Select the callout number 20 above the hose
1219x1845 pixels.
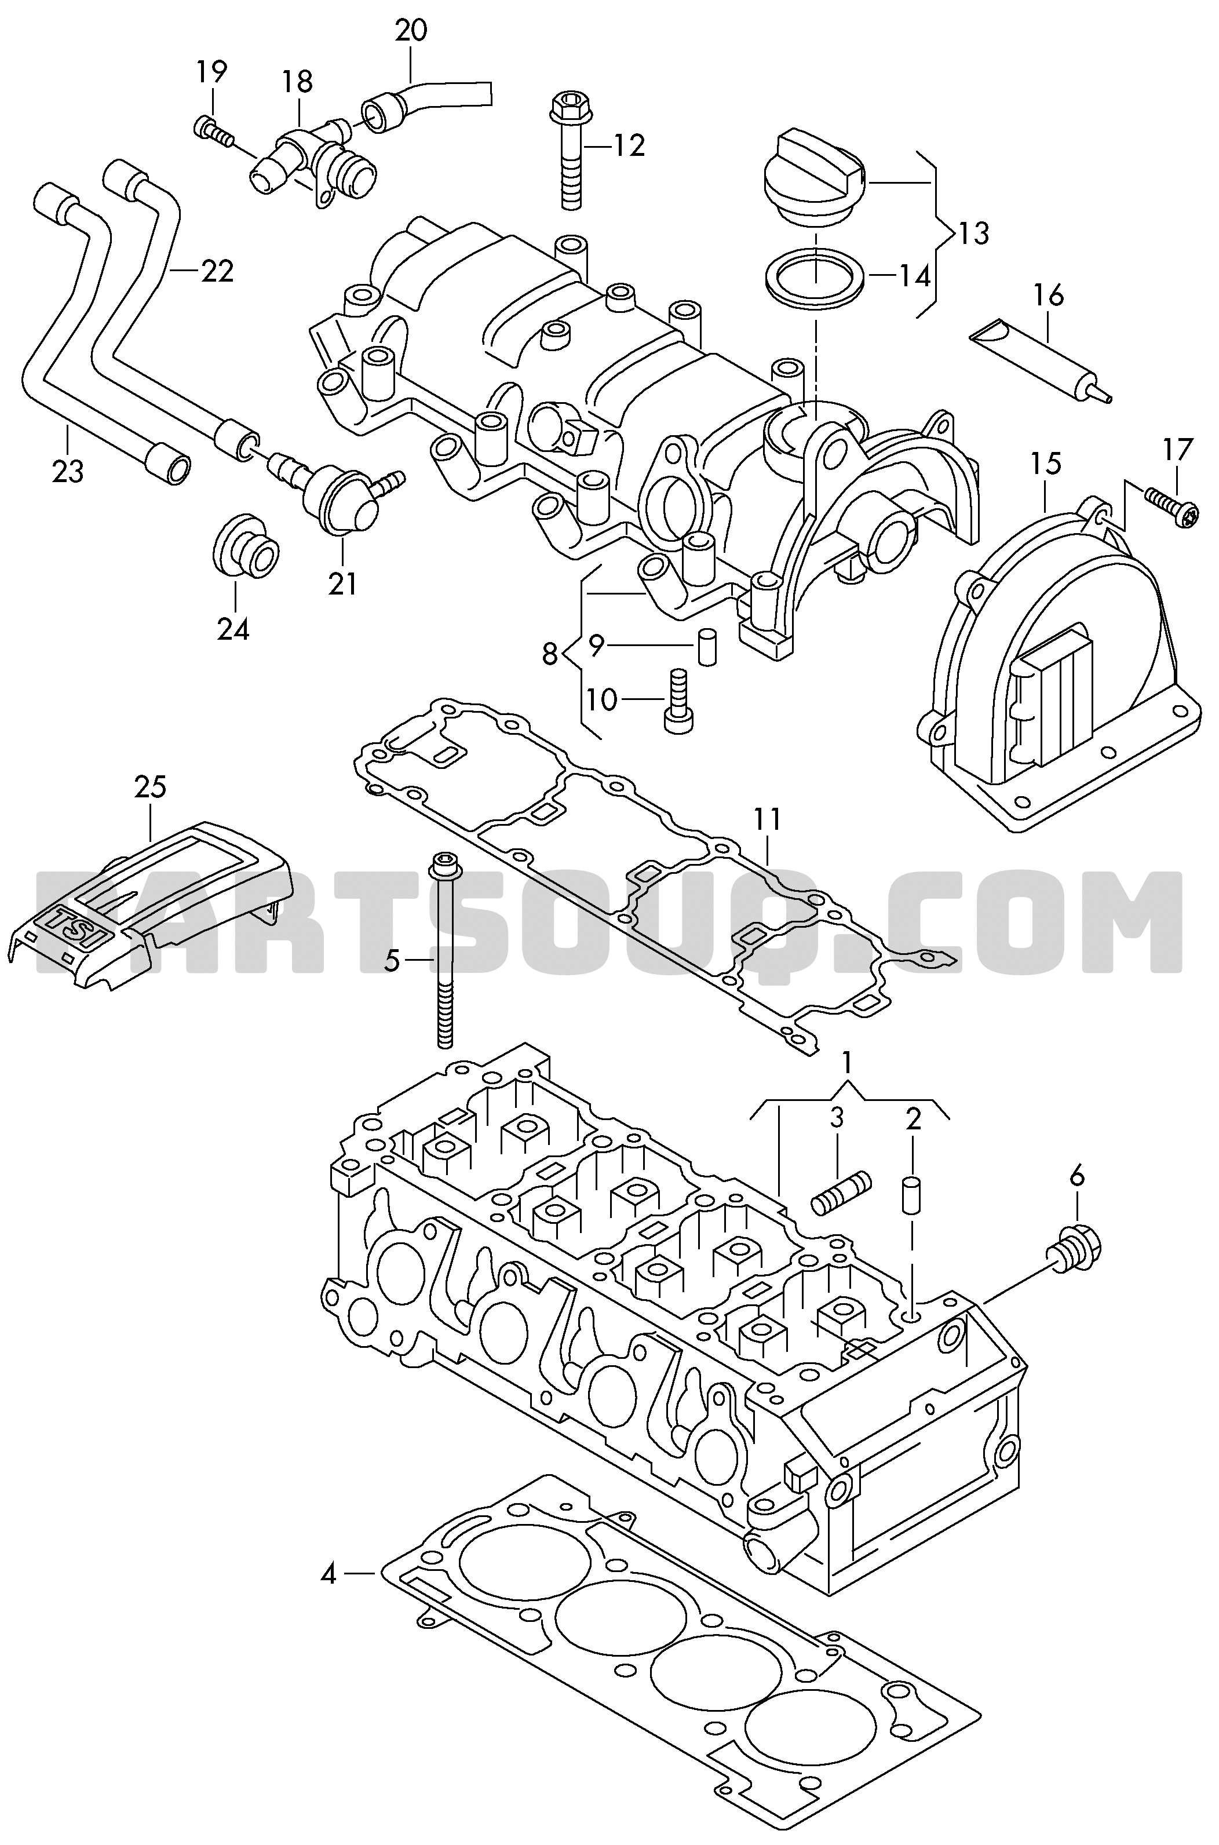tap(410, 31)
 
